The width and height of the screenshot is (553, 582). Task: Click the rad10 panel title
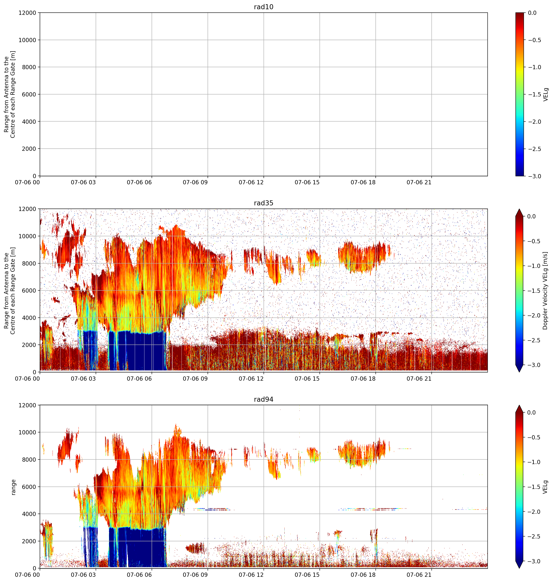coord(264,7)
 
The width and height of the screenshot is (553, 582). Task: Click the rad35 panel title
coord(264,203)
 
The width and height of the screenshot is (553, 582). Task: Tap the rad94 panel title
coord(264,399)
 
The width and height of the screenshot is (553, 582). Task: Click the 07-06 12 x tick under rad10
coord(251,183)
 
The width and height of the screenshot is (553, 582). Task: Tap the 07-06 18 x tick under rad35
coord(363,379)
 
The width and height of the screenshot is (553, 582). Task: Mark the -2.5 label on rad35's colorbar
coord(534,340)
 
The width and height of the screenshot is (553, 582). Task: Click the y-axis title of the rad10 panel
coord(10,94)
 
